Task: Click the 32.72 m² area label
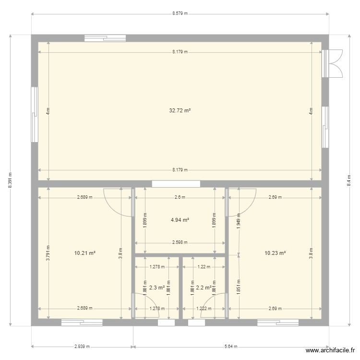tap(180, 110)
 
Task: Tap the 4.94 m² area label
tap(180, 220)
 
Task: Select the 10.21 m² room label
tap(85, 252)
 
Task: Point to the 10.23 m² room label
tap(275, 252)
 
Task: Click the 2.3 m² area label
tap(156, 288)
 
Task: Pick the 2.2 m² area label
tap(204, 288)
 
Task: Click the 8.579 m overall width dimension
tap(180, 14)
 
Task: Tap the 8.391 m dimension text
tap(10, 180)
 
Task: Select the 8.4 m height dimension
tap(349, 180)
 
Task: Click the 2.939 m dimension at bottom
tap(82, 346)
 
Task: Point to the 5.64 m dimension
tap(231, 346)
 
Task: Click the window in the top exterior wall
tap(105, 38)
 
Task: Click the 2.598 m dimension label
tap(180, 242)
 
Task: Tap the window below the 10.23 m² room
tap(277, 323)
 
